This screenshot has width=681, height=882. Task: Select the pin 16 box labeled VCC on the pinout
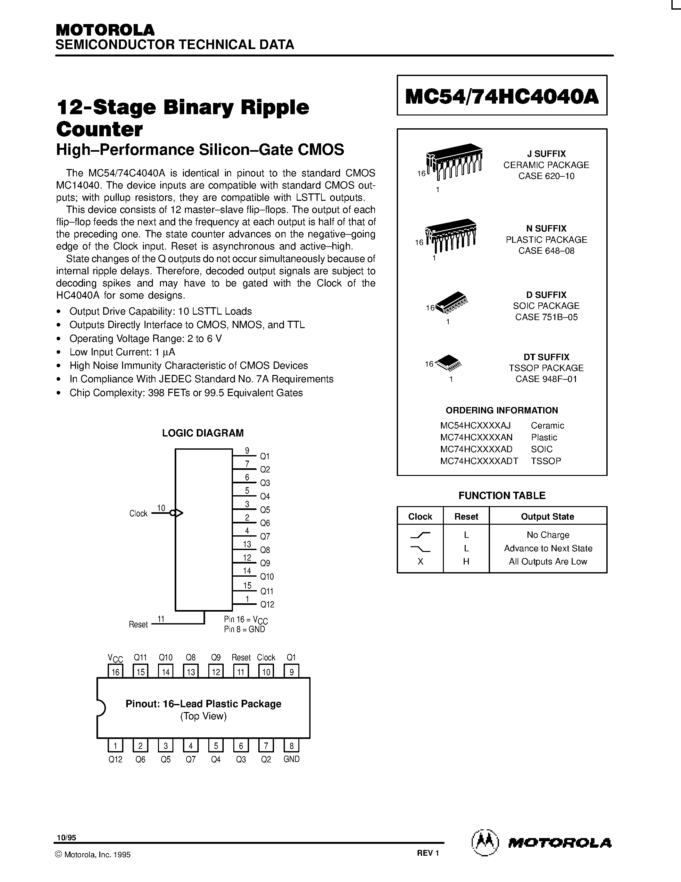115,672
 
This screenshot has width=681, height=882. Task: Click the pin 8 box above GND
291,745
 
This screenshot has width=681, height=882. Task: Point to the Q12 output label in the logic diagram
267,605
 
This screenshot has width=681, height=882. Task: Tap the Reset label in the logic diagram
138,624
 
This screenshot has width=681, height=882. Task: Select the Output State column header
547,516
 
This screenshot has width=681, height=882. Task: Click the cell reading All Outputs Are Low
547,562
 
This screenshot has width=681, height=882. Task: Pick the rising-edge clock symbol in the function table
420,535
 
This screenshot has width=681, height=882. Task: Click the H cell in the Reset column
466,562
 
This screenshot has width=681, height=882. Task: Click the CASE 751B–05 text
546,317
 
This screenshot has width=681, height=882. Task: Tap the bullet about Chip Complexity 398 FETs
186,393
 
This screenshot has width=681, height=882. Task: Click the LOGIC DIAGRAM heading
203,433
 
